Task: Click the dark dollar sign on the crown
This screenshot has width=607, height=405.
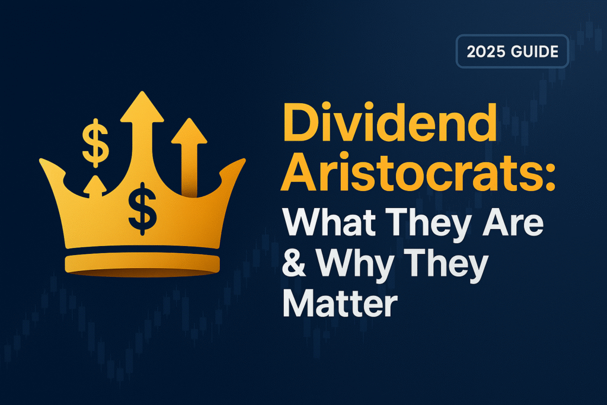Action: tap(142, 206)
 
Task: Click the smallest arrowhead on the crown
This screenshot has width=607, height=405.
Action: tap(94, 185)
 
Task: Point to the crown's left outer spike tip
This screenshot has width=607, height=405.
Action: tap(43, 161)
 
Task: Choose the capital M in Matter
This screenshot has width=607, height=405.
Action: tap(298, 304)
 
